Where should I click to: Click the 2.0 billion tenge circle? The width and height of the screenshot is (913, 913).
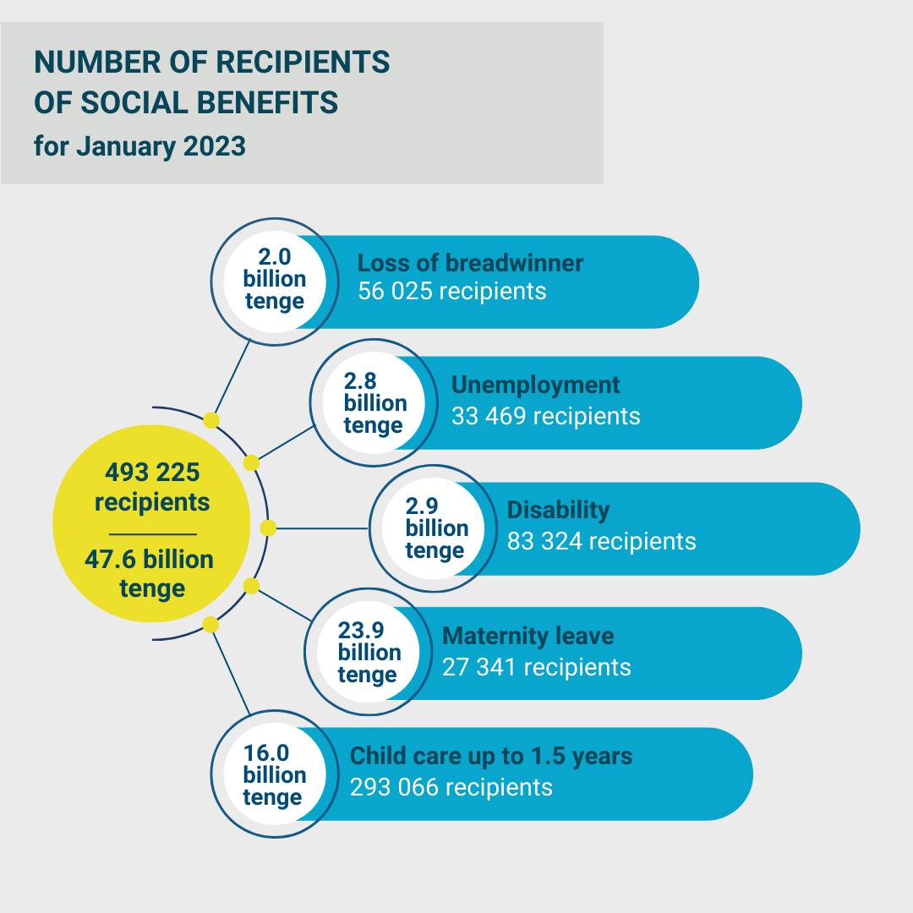point(273,280)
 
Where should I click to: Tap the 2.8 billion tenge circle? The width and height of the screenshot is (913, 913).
point(374,402)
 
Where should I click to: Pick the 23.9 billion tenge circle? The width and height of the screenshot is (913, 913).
point(369,653)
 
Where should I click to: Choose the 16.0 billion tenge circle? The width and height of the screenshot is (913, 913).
point(273,775)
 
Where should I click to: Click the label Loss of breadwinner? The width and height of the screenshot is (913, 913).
point(470,263)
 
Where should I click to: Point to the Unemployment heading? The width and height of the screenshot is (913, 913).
point(535,385)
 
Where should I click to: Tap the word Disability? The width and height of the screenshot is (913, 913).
point(558,511)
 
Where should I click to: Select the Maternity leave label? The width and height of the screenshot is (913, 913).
point(528,636)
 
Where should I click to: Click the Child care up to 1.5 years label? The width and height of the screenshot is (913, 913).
point(491,756)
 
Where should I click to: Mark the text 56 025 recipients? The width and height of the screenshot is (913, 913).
point(451,292)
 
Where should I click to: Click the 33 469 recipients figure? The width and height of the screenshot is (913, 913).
point(545,416)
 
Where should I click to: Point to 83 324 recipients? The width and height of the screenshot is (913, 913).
point(601,541)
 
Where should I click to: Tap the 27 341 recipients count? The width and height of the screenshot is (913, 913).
point(536,667)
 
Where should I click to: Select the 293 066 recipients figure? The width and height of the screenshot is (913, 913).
point(451,787)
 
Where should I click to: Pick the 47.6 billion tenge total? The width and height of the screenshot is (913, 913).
point(152,574)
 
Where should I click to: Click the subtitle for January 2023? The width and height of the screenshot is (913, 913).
point(139,146)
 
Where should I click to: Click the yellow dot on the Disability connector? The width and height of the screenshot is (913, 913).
point(268,528)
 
